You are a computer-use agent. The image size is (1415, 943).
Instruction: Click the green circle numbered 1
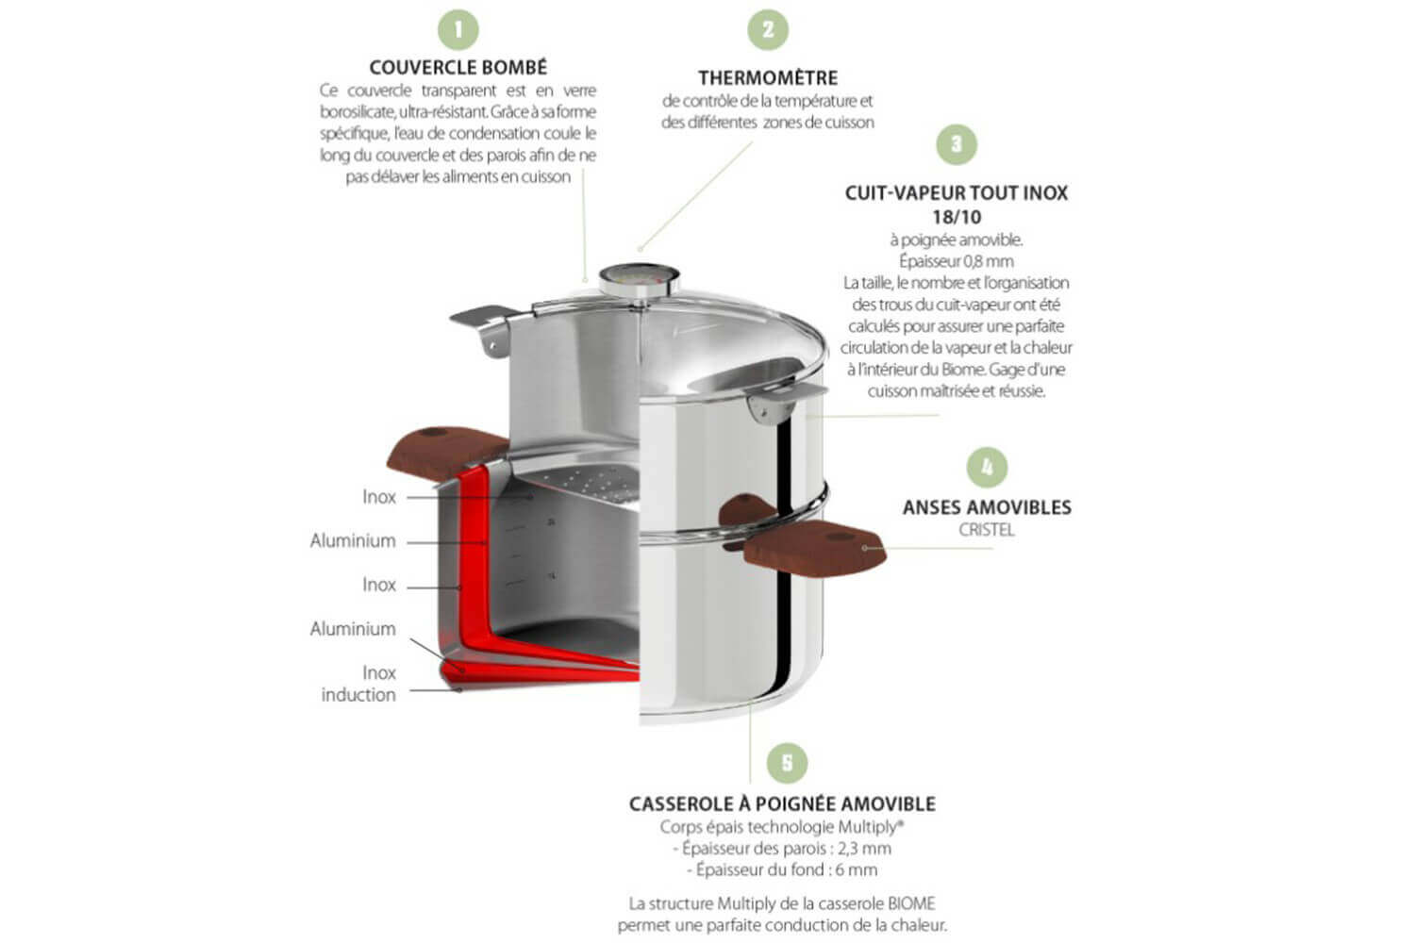458,29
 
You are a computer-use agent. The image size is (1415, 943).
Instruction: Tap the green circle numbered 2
768,29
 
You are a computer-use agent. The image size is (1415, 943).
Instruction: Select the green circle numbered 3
957,144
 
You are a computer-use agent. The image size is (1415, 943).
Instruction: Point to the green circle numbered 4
987,468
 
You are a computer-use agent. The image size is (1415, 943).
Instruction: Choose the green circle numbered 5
787,763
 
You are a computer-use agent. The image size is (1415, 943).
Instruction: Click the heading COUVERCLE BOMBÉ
458,68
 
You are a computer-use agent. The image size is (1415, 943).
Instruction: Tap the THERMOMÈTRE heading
768,78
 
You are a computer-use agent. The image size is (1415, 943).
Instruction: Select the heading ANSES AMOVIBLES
987,507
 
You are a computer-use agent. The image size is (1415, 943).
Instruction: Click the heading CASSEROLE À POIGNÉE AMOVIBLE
782,804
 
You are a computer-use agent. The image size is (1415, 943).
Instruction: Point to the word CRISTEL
987,530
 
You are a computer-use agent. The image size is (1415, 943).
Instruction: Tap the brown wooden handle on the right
815,549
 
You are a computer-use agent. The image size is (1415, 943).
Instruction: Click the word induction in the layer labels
358,695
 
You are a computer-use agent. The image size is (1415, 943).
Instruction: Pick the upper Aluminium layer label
353,541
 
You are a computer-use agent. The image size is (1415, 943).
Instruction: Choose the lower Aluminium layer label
353,629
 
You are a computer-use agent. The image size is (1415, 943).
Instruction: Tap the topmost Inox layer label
379,497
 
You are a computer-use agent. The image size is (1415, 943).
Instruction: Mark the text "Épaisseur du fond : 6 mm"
782,870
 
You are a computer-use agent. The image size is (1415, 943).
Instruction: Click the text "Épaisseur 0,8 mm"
957,261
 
